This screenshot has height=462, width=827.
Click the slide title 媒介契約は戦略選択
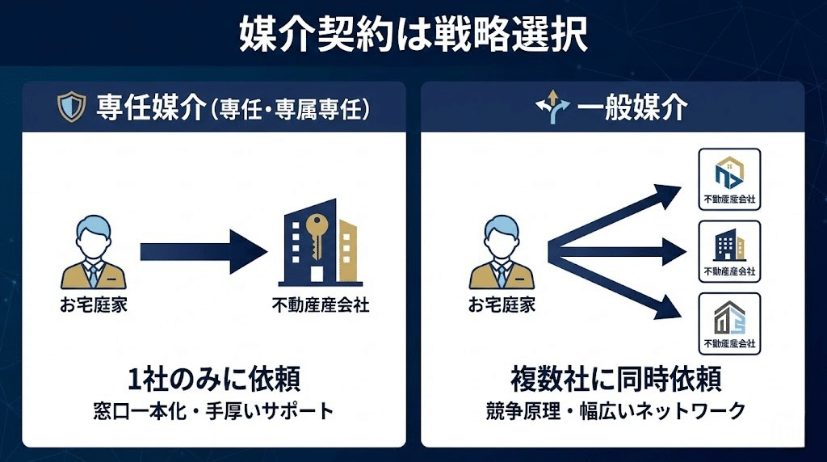[413, 35]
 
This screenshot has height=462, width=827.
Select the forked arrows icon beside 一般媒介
[552, 107]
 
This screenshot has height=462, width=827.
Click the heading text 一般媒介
[632, 107]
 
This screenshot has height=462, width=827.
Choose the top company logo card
[729, 179]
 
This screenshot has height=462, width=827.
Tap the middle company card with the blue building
[729, 250]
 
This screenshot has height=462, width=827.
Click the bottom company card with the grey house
[729, 322]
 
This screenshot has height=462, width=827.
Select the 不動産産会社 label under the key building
[321, 305]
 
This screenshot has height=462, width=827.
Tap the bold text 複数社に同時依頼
[615, 378]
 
